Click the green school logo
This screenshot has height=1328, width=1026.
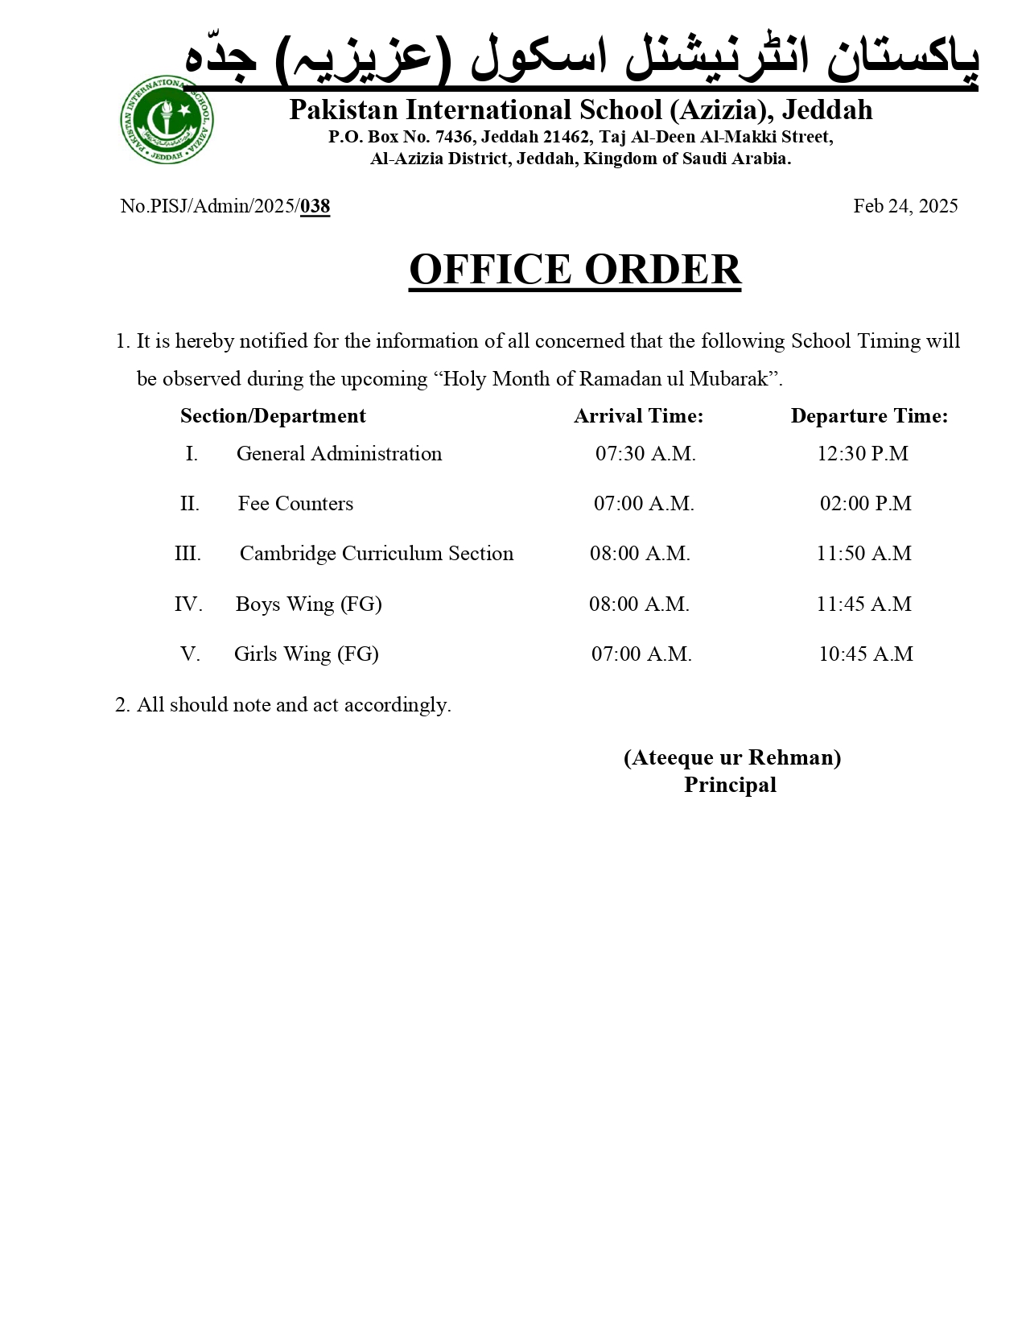[x=167, y=121]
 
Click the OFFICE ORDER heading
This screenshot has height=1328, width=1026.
[x=575, y=269]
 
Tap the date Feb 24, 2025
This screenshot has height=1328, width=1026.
[x=905, y=206]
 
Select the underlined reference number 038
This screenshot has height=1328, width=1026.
[x=315, y=207]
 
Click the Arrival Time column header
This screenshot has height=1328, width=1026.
[x=638, y=416]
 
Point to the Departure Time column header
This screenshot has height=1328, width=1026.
[x=869, y=416]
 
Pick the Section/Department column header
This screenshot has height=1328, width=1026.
[x=273, y=416]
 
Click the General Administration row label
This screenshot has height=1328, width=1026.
[x=339, y=454]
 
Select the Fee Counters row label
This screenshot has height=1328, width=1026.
[x=295, y=504]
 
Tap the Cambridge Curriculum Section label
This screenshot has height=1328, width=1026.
[x=376, y=554]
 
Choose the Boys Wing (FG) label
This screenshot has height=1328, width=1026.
[x=308, y=604]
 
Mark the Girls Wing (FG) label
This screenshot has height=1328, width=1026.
[x=306, y=654]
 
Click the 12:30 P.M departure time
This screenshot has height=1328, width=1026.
[x=863, y=454]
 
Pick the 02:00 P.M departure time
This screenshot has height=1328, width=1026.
[x=866, y=504]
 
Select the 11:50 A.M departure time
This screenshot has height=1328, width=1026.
[x=864, y=554]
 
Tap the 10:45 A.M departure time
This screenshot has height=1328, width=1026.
[x=866, y=654]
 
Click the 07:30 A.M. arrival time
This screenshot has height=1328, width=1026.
[x=645, y=454]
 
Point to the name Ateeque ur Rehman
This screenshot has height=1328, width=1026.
[x=732, y=758]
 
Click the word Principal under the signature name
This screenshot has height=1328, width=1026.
[x=730, y=786]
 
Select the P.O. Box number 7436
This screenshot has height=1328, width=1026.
[x=453, y=138]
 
